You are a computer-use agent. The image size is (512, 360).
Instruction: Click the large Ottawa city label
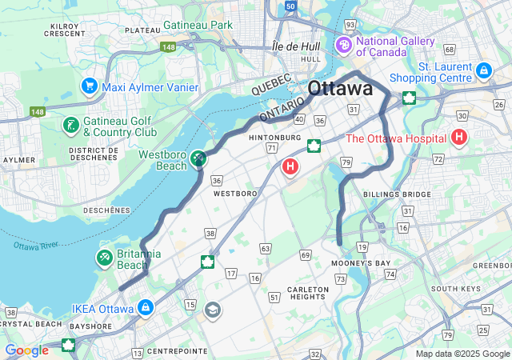click(340, 88)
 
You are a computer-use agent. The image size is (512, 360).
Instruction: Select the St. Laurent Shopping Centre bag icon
click(483, 71)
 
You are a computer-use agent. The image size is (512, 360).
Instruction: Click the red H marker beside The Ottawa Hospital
click(458, 138)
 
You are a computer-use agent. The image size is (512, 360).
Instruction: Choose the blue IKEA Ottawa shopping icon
click(145, 307)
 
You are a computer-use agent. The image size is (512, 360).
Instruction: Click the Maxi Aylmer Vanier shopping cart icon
click(89, 85)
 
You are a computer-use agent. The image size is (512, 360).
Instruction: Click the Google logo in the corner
click(26, 350)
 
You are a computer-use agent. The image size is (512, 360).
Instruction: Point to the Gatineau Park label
click(199, 25)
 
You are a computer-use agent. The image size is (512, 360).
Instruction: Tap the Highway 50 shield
click(290, 6)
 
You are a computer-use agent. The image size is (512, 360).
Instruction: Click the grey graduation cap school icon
click(213, 310)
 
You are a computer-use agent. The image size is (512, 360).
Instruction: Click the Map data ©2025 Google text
click(462, 354)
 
